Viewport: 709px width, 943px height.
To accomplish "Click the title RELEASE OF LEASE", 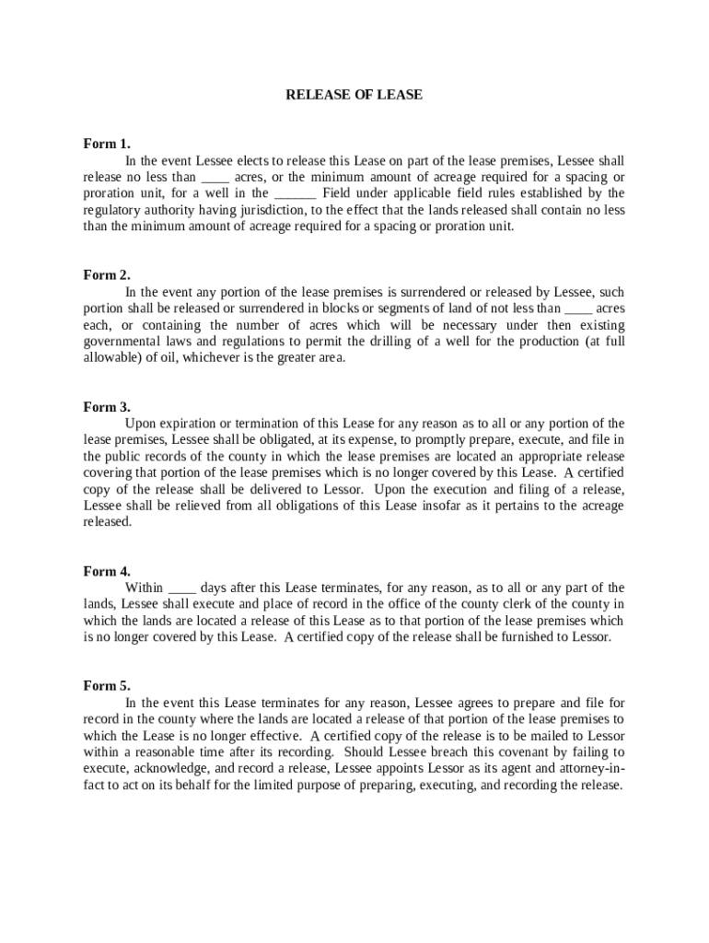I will coord(354,95).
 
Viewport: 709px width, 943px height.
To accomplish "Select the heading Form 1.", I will coord(107,144).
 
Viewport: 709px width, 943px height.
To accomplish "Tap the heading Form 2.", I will coord(107,275).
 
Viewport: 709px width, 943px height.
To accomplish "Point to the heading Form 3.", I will coord(107,407).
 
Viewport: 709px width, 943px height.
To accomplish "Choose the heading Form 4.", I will coord(107,571).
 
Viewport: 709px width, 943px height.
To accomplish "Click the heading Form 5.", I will coord(107,686).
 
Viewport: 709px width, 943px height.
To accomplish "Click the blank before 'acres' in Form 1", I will coord(215,178).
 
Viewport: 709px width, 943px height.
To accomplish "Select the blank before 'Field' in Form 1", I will coord(296,194).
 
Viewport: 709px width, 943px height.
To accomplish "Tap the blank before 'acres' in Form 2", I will coord(577,309).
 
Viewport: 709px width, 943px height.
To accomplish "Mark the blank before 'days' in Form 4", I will coord(182,588).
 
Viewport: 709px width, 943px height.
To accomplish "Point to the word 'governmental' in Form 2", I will coord(120,342).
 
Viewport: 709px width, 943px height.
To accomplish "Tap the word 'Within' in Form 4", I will coord(144,588).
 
